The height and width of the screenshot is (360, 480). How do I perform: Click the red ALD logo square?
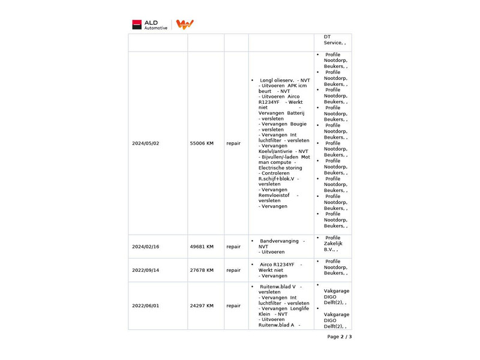coord(137,25)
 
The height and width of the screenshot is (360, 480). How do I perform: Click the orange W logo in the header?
coord(185,25)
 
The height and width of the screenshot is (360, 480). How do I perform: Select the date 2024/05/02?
coord(146,143)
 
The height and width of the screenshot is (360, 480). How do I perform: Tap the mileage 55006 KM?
coord(202,143)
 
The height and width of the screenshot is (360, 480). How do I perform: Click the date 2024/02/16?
coord(146,247)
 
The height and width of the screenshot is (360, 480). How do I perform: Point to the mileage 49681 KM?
coord(202,247)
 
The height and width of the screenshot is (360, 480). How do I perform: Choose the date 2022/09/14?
coord(146,270)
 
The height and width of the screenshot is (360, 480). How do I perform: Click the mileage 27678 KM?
coord(202,270)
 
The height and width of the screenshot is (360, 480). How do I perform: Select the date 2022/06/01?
coord(146,305)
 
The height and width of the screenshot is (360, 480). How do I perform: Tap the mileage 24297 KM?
coord(202,305)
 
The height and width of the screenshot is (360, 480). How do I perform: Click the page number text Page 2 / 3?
coord(340,337)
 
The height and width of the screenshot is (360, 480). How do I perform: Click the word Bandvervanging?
coord(279,241)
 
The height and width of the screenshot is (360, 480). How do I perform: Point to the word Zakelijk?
coord(333,244)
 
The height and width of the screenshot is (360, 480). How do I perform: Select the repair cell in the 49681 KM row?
coord(233,247)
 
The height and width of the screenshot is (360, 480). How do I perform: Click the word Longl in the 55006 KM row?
coord(266,80)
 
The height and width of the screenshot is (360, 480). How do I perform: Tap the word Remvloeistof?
coord(274,195)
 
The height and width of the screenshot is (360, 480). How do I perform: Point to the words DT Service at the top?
coord(332,40)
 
